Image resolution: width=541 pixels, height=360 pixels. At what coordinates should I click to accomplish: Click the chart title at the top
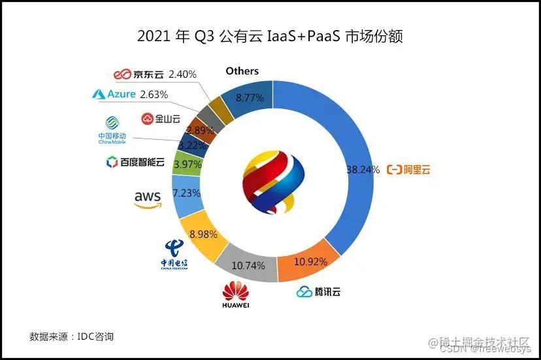pos(270,37)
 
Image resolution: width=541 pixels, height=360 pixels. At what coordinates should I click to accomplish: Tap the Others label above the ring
pos(242,71)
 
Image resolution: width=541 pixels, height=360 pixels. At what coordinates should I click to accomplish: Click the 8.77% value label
pos(250,98)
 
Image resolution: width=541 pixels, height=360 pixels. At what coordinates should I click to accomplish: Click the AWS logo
pos(147,199)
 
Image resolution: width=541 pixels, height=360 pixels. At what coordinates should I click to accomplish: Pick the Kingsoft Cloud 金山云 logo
pos(160,118)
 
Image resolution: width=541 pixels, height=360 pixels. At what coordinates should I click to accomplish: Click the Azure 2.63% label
pos(130,94)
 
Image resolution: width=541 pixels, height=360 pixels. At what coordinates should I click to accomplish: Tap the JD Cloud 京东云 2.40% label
pos(155,74)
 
